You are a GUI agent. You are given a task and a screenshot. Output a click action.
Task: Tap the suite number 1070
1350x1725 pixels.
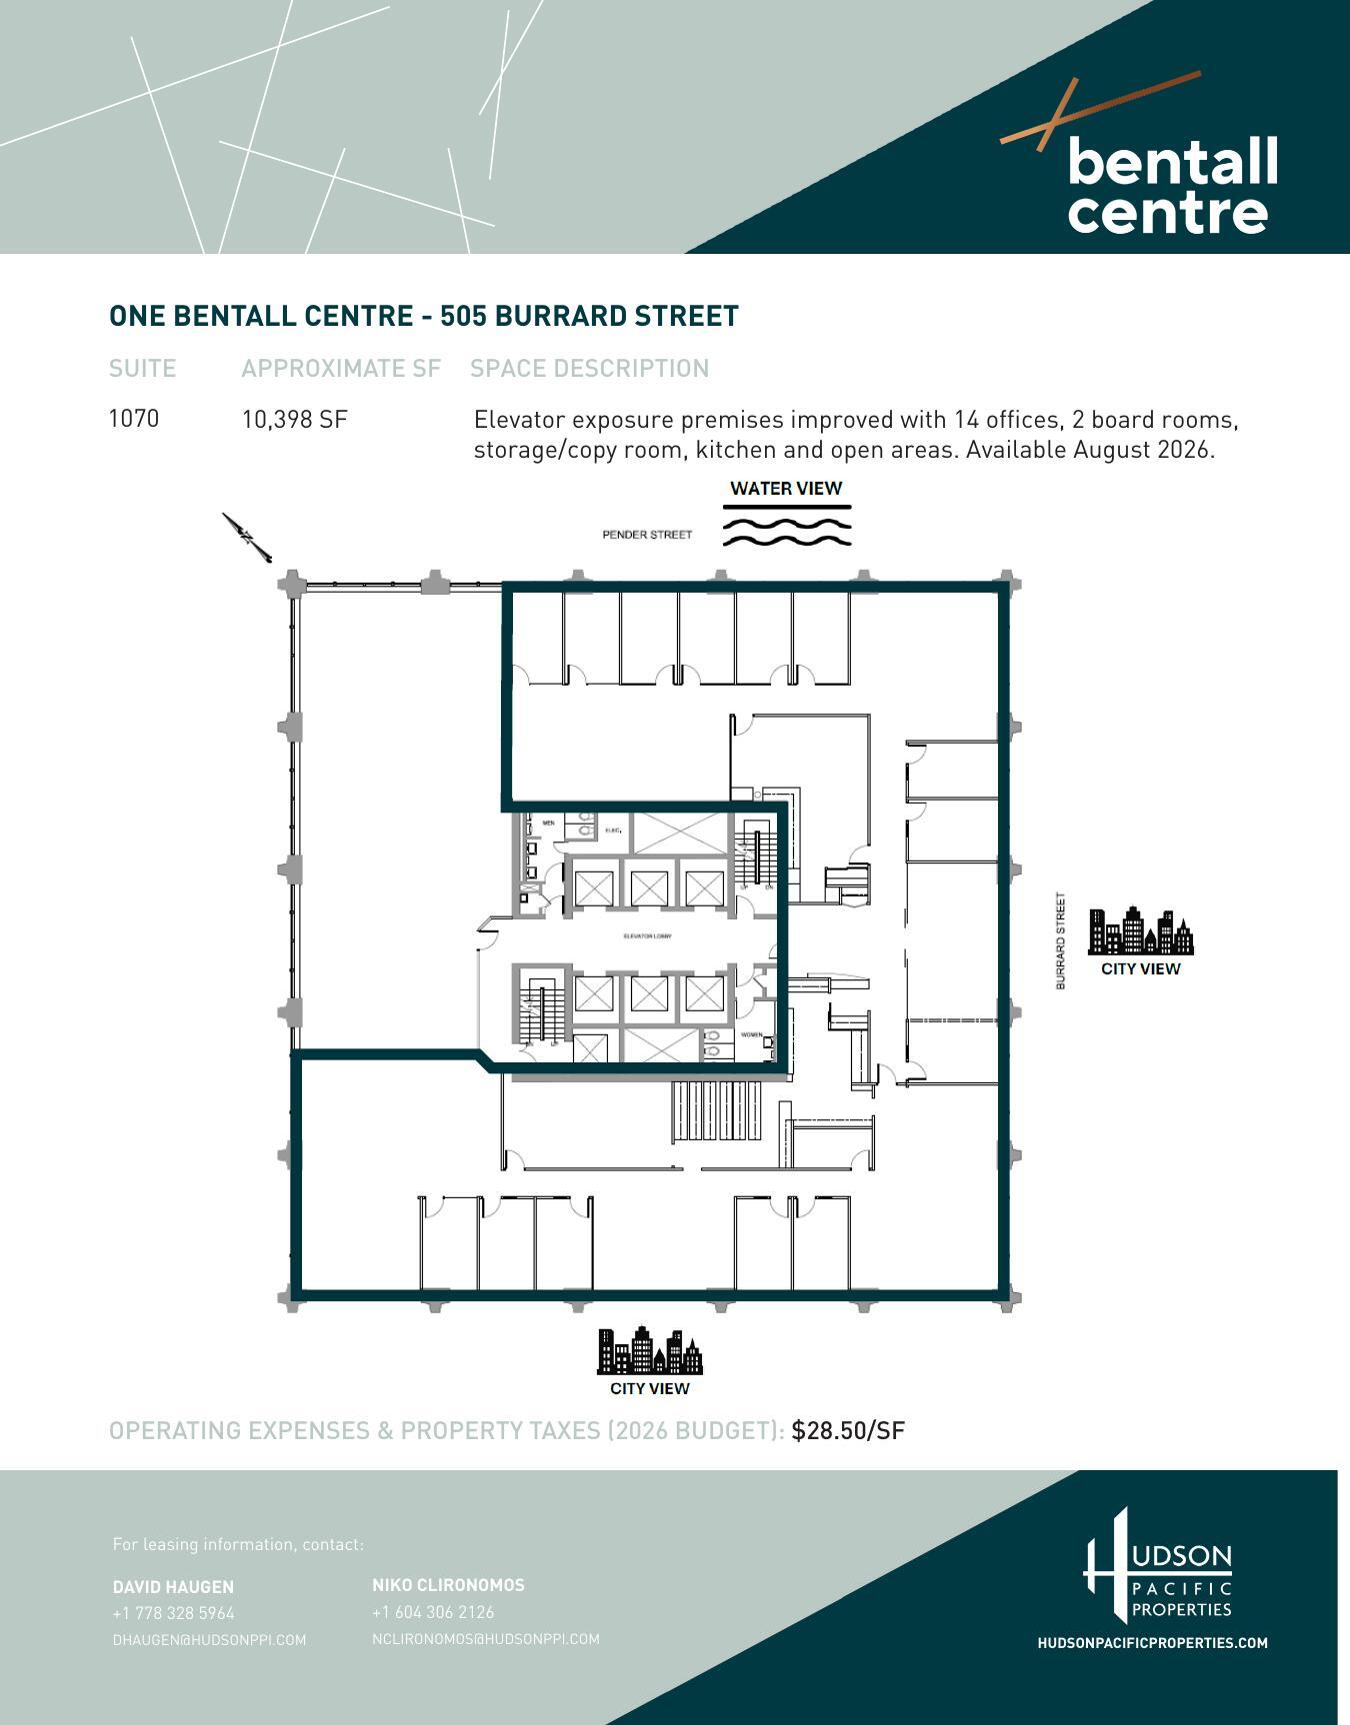(x=134, y=418)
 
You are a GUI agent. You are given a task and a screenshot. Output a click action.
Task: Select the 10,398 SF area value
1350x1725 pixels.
(x=294, y=420)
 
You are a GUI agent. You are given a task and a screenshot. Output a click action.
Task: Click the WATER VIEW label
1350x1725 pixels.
(x=786, y=489)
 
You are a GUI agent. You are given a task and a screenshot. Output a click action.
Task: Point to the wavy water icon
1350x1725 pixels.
(x=787, y=530)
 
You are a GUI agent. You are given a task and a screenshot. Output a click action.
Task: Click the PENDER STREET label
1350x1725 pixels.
(x=647, y=535)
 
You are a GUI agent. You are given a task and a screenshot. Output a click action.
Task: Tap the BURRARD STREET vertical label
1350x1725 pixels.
(x=1061, y=941)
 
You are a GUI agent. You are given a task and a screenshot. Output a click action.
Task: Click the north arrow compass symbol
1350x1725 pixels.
(x=246, y=538)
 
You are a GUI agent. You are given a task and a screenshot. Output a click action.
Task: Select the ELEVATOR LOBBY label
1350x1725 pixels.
(x=647, y=936)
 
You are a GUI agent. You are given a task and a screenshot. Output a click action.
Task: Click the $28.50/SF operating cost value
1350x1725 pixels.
(x=848, y=1430)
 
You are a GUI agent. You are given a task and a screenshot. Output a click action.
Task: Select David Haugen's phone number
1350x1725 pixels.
(x=174, y=1613)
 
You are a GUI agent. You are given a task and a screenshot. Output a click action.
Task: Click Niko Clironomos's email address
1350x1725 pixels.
(x=486, y=1639)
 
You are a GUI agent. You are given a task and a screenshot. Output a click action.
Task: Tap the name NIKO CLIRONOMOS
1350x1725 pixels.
(x=448, y=1585)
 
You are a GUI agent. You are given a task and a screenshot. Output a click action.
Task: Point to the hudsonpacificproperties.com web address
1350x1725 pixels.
(x=1152, y=1643)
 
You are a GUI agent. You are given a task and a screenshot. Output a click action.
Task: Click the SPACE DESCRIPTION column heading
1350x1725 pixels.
(x=590, y=369)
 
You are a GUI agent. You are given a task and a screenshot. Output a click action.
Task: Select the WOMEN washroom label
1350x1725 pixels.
(x=751, y=1034)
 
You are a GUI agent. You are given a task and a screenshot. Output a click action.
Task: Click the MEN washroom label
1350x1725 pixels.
(x=548, y=823)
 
